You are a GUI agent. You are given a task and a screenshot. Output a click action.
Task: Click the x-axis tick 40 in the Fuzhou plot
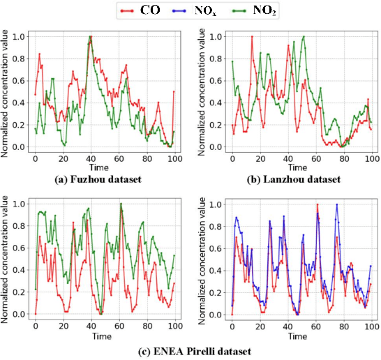(x=90, y=159)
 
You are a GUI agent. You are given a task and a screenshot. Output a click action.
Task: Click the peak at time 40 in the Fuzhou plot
(x=90, y=37)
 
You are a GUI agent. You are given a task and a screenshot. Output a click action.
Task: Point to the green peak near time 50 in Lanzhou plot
(x=304, y=37)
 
